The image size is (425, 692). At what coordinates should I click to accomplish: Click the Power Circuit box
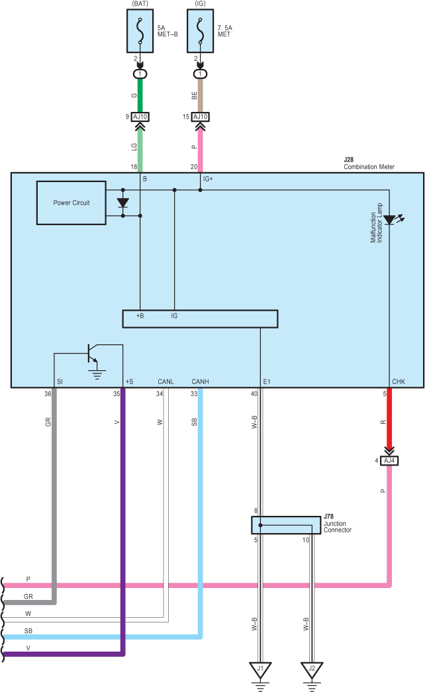coord(71,203)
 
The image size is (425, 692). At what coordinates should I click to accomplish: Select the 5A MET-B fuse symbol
coord(140,31)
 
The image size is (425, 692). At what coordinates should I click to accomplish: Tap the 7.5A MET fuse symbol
coord(200,31)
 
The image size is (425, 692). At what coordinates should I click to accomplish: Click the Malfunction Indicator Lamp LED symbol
coord(390,219)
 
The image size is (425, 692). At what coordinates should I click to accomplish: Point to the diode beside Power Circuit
coord(122,203)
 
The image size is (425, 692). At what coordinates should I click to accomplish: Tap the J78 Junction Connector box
coord(286,525)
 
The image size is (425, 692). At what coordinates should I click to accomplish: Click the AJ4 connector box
coord(389,461)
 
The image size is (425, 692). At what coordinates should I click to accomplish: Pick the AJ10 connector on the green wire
coord(140,117)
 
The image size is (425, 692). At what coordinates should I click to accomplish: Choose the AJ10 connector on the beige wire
coord(201,117)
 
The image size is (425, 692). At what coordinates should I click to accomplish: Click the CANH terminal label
coord(200,381)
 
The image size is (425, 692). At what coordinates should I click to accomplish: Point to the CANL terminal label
coord(166,381)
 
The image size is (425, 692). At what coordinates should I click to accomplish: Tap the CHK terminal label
coord(399,381)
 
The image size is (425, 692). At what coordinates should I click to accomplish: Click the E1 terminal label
coord(267,381)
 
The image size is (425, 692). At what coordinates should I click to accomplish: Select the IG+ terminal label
coord(208,179)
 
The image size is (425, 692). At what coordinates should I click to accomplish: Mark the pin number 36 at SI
coord(48,393)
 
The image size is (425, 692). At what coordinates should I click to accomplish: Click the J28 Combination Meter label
coord(369,164)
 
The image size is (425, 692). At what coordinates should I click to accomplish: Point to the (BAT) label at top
coord(140,3)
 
